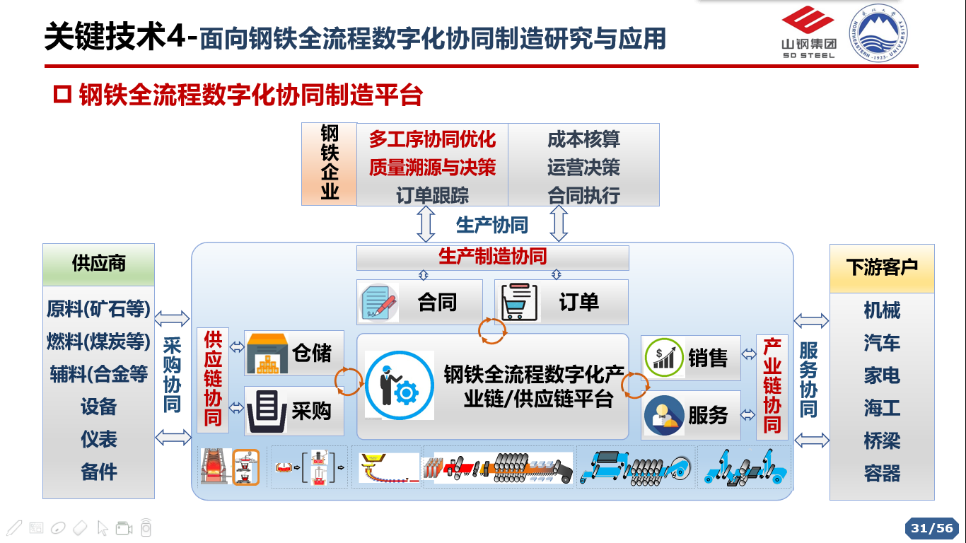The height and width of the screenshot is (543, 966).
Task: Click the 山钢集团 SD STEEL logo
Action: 808,33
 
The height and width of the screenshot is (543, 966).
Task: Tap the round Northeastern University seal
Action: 878,33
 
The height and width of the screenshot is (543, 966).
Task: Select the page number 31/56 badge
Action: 932,528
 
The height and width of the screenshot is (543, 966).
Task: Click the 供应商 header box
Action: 99,264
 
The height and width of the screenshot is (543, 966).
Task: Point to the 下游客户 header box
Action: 882,268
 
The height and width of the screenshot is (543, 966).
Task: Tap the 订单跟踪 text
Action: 432,195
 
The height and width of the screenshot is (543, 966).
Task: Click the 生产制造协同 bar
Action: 492,257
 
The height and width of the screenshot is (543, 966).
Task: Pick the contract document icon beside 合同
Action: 379,303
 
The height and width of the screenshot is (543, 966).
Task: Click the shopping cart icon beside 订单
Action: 519,302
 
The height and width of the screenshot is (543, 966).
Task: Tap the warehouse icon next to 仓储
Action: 267,354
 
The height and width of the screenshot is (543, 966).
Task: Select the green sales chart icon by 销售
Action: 664,358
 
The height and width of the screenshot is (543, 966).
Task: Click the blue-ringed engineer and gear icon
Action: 400,385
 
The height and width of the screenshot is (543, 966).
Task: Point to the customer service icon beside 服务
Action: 664,415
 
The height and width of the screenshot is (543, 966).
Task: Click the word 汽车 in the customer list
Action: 882,344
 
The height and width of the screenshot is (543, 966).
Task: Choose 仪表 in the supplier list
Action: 99,440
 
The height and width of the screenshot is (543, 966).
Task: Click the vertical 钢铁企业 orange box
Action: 330,164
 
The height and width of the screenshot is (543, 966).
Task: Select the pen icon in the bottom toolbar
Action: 14,528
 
